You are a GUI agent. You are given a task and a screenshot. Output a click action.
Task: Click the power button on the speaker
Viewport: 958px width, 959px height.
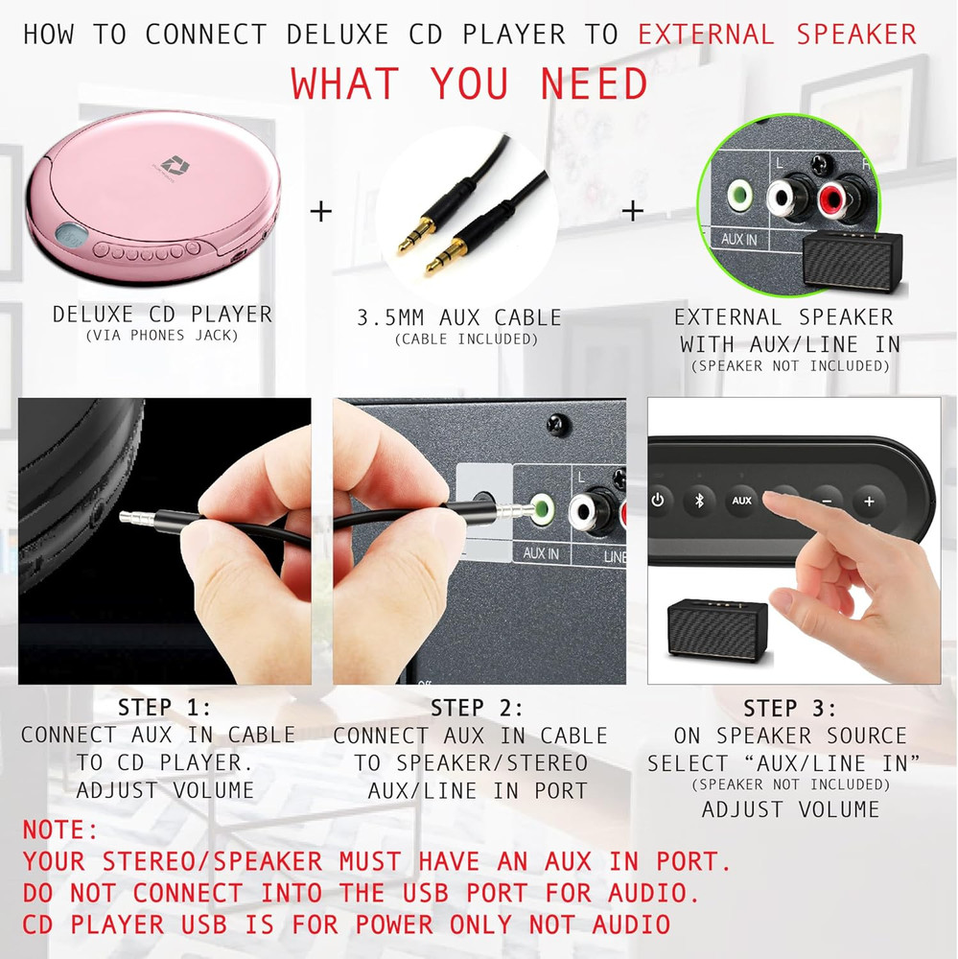point(658,500)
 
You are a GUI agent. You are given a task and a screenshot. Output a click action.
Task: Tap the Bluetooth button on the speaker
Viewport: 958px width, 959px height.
point(699,500)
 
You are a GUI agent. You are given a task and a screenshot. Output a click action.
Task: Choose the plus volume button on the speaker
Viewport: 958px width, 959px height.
point(869,501)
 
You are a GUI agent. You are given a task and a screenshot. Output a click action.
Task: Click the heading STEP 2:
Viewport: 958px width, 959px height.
point(477,709)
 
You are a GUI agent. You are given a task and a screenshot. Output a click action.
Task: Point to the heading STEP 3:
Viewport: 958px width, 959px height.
point(789,709)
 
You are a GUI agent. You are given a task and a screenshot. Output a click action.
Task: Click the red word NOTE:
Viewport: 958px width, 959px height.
point(60,829)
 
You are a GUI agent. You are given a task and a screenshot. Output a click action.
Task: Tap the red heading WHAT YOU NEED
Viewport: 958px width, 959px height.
point(470,84)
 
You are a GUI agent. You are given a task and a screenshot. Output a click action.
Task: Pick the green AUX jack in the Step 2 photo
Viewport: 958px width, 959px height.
point(541,508)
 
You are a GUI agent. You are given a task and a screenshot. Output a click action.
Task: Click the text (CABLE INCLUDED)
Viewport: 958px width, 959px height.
point(466,339)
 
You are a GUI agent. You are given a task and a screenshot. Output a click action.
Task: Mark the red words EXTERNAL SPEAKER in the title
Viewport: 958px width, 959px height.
point(777,35)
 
